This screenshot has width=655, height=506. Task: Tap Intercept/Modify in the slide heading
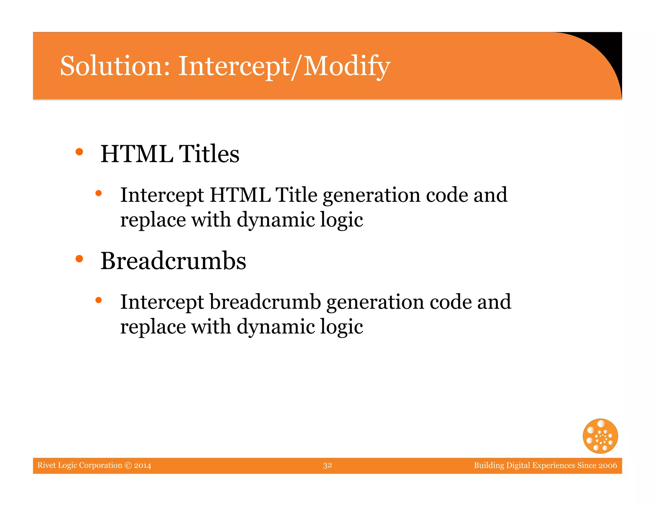pyautogui.click(x=284, y=67)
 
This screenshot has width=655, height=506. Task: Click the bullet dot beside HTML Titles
pyautogui.click(x=79, y=152)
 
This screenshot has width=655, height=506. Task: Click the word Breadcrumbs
pyautogui.click(x=173, y=261)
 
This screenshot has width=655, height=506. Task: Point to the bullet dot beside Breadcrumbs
pyautogui.click(x=79, y=259)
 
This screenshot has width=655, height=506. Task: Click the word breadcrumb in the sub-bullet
pyautogui.click(x=265, y=302)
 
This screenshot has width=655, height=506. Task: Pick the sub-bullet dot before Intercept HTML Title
pyautogui.click(x=99, y=193)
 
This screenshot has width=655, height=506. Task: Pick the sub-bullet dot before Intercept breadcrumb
pyautogui.click(x=99, y=300)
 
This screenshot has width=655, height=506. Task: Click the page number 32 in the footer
pyautogui.click(x=327, y=465)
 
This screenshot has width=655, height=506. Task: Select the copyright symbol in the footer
pyautogui.click(x=128, y=465)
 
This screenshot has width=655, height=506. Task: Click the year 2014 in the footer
pyautogui.click(x=143, y=465)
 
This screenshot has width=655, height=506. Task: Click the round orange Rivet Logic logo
pyautogui.click(x=600, y=436)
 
